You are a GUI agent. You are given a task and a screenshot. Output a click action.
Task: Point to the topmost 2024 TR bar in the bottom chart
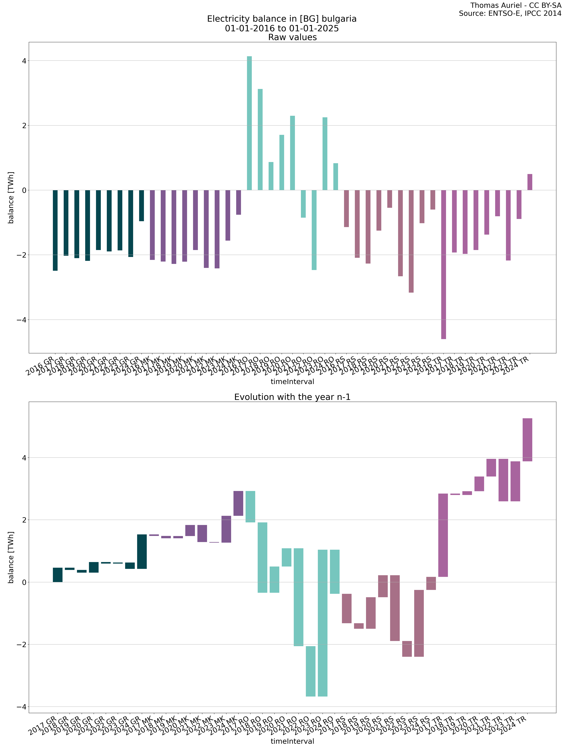click(527, 439)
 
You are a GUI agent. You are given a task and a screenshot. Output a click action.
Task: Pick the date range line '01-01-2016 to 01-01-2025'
click(282, 28)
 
